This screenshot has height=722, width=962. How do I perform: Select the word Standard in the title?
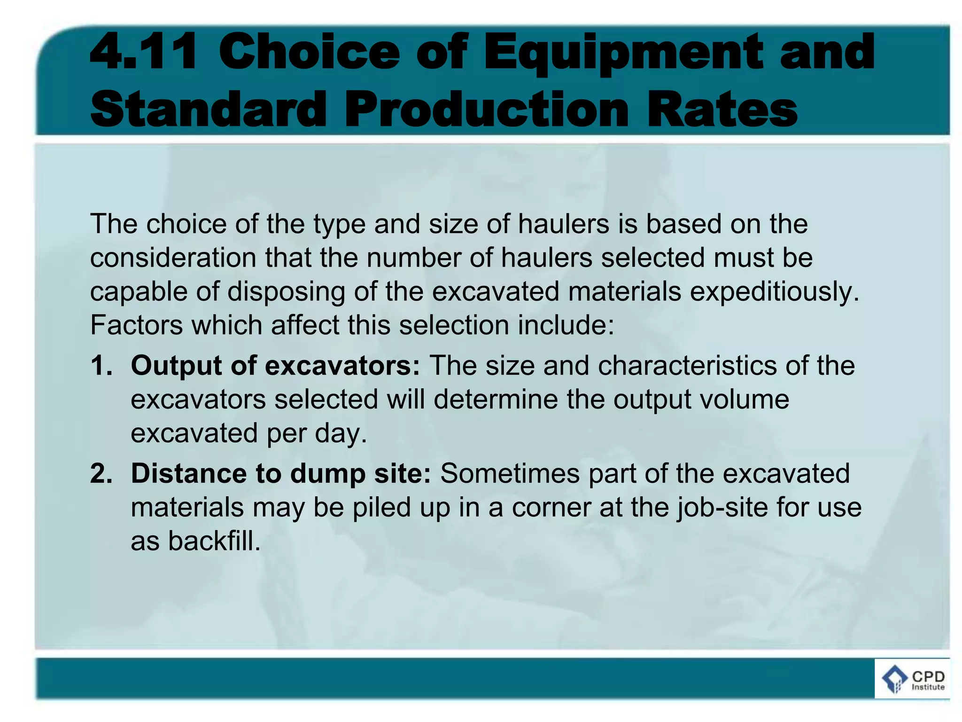(208, 109)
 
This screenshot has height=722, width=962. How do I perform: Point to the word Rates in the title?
(722, 109)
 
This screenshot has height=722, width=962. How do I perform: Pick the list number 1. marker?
(101, 365)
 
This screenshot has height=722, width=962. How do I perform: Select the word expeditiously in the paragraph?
(775, 292)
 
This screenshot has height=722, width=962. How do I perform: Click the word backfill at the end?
(214, 541)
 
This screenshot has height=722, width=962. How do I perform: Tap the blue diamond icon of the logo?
(894, 680)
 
